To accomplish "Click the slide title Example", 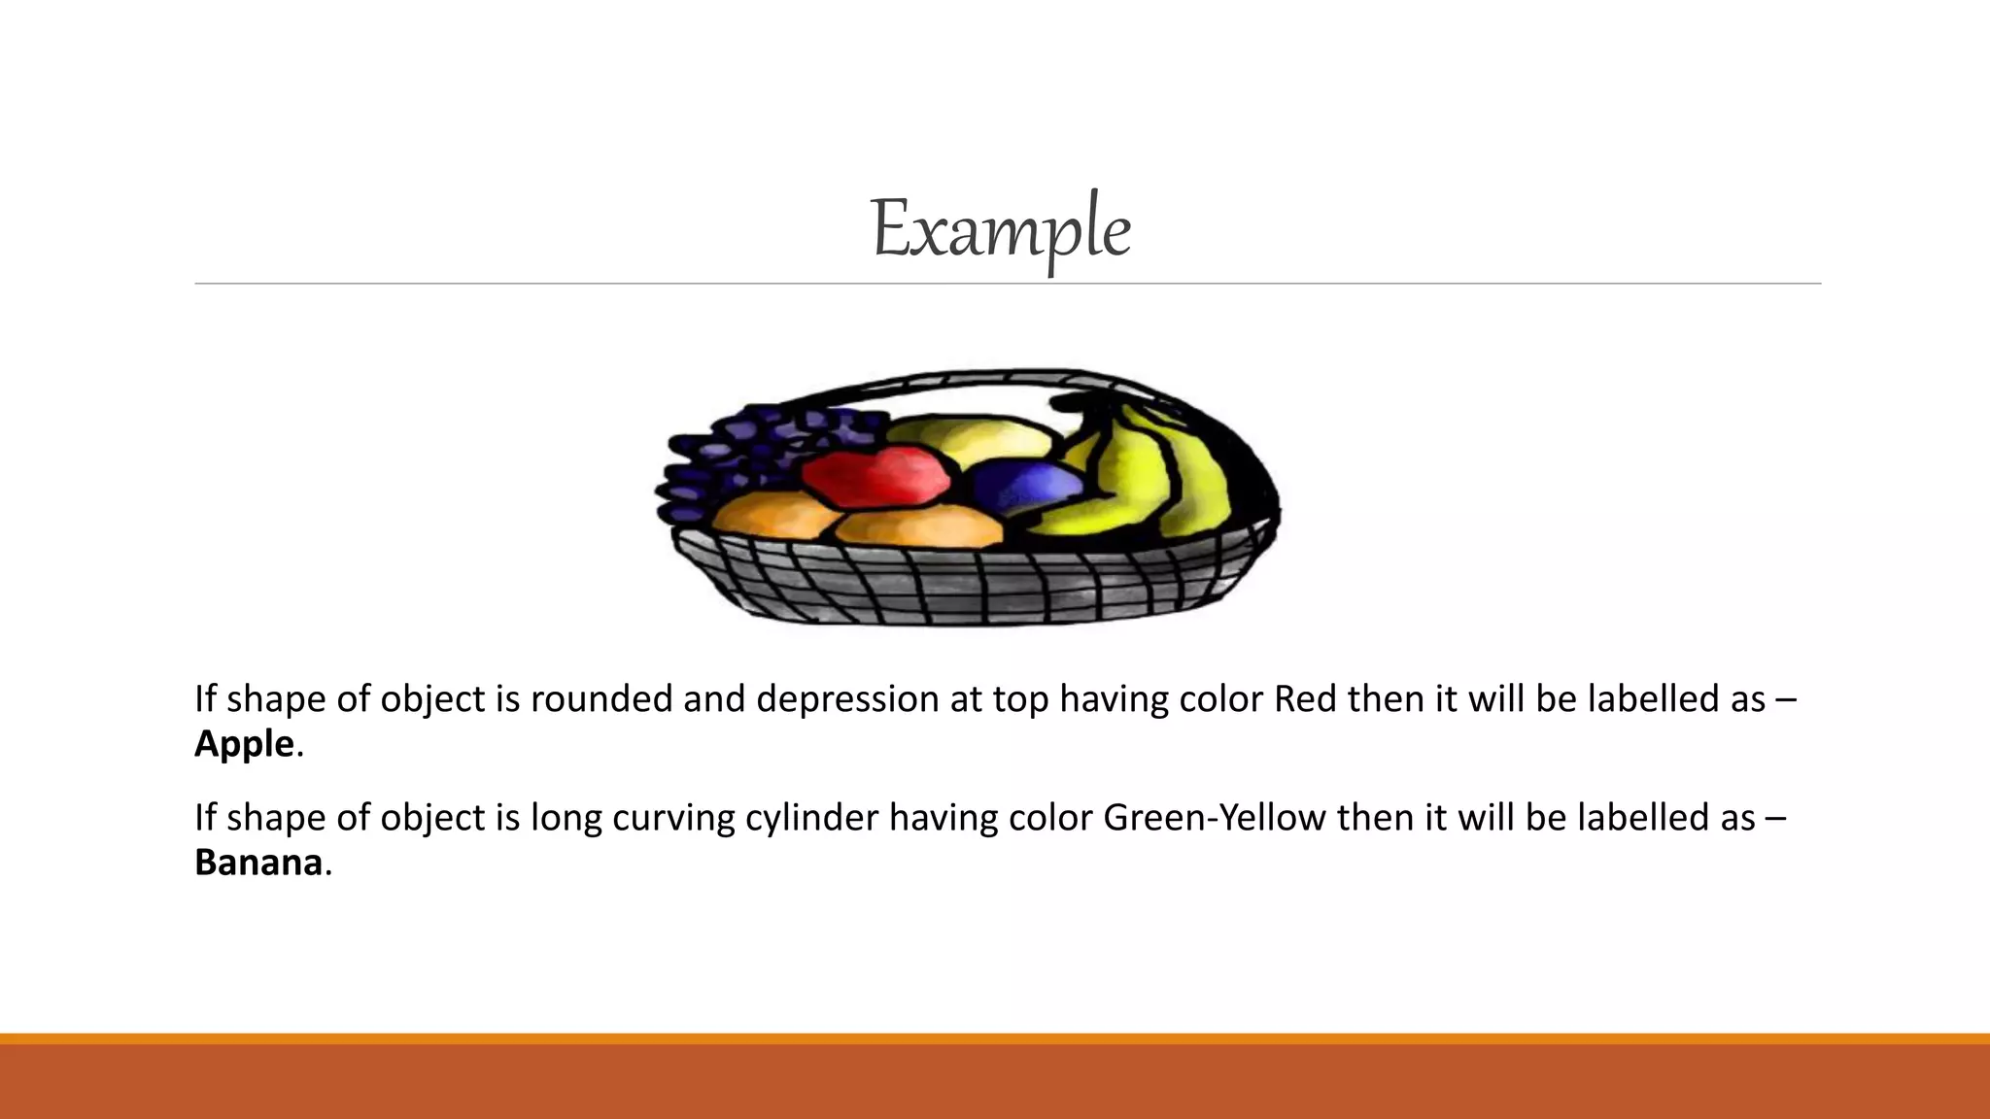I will coord(1000,230).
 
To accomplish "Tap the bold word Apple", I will coord(244,744).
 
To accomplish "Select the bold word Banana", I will coord(258,863).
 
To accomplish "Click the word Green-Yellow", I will coord(1214,818).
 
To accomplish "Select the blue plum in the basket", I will coord(1025,486).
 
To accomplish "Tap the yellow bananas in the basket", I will coord(1147,476).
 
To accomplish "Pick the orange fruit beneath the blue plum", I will coord(918,529).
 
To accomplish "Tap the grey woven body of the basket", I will coord(972,583).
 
